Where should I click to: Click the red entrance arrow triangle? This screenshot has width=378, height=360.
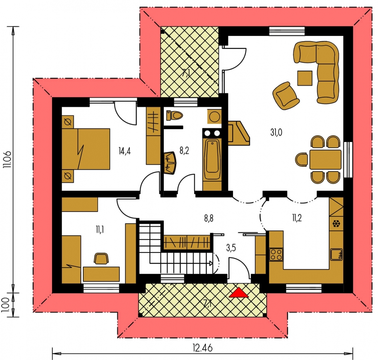click(239, 292)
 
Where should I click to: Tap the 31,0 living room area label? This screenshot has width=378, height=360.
click(276, 132)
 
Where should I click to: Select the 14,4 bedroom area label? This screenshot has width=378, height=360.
click(125, 151)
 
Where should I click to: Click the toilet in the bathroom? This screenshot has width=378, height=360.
click(175, 115)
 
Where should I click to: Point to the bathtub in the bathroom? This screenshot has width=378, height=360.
click(212, 160)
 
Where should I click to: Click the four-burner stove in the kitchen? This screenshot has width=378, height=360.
click(276, 254)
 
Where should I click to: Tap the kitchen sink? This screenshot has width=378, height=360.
click(336, 254)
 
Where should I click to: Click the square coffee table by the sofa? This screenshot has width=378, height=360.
click(305, 78)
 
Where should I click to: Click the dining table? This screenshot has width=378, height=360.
click(326, 160)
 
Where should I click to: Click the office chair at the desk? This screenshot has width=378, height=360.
click(101, 258)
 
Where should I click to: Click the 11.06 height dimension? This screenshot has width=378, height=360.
click(8, 159)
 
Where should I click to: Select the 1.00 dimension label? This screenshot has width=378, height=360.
click(6, 305)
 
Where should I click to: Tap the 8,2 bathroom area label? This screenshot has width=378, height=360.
click(184, 151)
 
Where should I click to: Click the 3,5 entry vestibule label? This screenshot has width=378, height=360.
click(231, 248)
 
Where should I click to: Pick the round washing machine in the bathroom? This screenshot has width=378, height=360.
click(214, 117)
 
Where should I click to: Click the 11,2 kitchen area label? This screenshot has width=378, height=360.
click(297, 218)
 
